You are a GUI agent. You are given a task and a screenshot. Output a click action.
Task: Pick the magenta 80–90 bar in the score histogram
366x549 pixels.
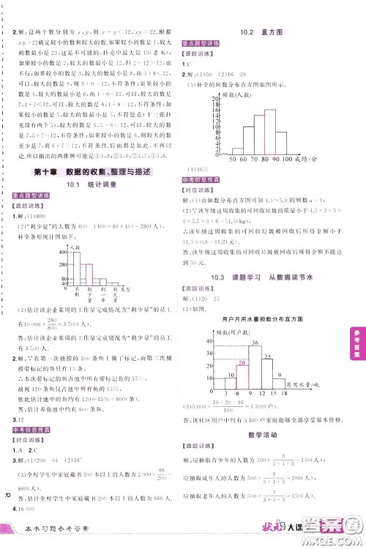tap(270, 124)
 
